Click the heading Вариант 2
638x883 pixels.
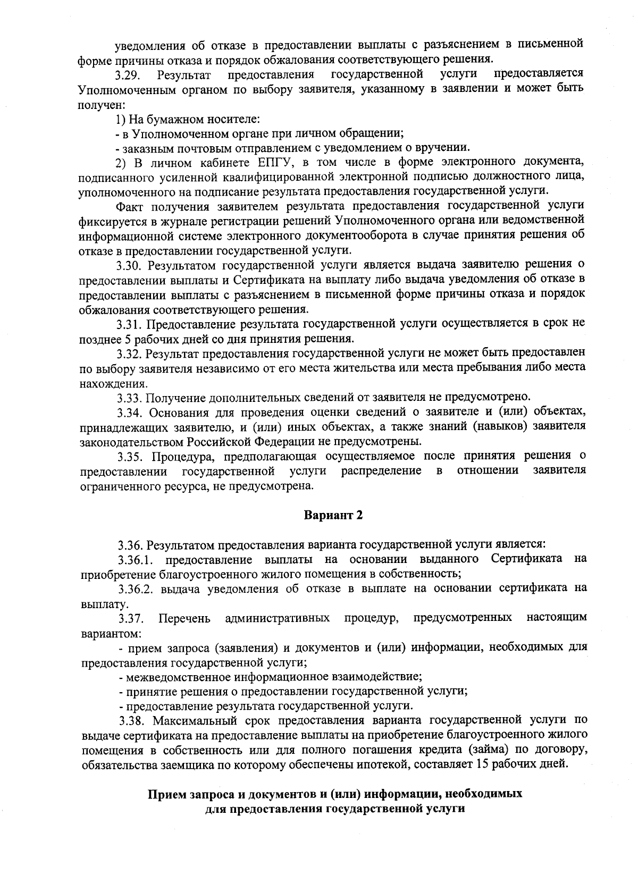tap(333, 515)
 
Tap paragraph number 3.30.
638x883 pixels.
tap(130, 264)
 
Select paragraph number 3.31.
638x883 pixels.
tap(130, 324)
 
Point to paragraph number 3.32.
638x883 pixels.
tap(130, 353)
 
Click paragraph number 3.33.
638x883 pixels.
tap(130, 397)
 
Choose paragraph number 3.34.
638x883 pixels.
tap(130, 411)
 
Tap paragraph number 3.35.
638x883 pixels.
tap(130, 456)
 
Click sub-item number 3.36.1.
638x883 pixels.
tap(136, 560)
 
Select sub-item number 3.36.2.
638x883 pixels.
tap(137, 589)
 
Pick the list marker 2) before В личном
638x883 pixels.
tap(121, 162)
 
